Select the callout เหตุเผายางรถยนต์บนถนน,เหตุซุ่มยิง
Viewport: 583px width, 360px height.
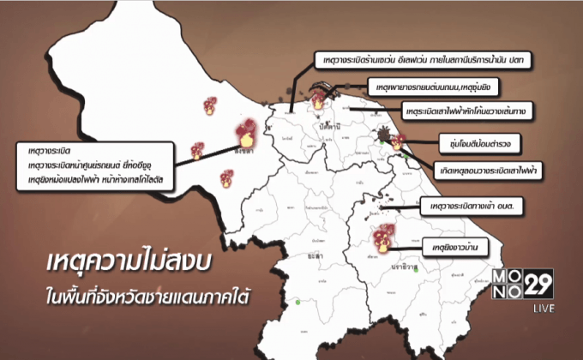click(x=434, y=87)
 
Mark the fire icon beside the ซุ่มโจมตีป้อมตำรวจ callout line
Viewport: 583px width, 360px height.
click(x=396, y=142)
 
